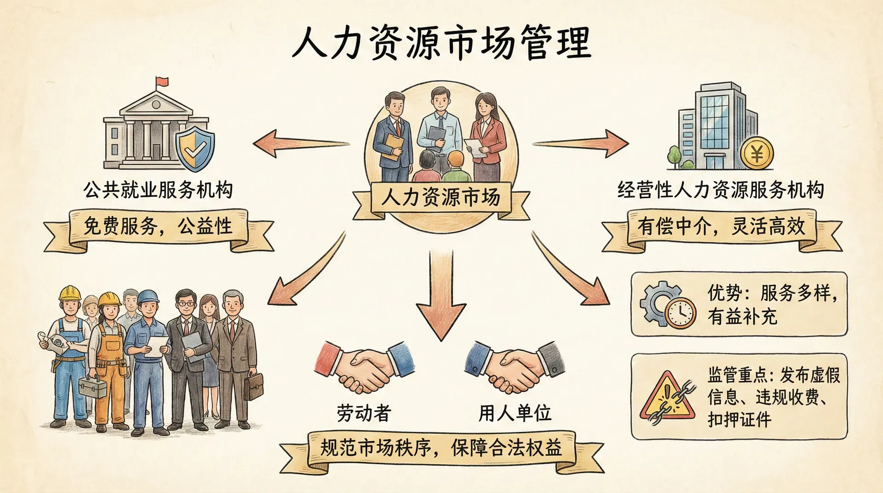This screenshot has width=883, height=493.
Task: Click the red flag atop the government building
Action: coord(162,82)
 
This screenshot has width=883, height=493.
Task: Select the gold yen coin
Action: coord(757,154)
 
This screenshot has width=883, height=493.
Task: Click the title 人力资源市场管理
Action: coord(441,43)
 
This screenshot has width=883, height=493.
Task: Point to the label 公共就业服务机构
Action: coord(158,190)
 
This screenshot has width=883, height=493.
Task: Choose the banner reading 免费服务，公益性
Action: coord(158,227)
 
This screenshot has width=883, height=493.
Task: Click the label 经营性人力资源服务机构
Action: coord(720,190)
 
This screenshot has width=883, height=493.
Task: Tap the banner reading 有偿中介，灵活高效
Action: coord(721,227)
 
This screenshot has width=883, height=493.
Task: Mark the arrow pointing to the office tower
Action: coord(582,143)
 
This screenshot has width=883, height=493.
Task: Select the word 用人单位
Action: coord(515,413)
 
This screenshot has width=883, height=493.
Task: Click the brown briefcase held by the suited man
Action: coord(253,386)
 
